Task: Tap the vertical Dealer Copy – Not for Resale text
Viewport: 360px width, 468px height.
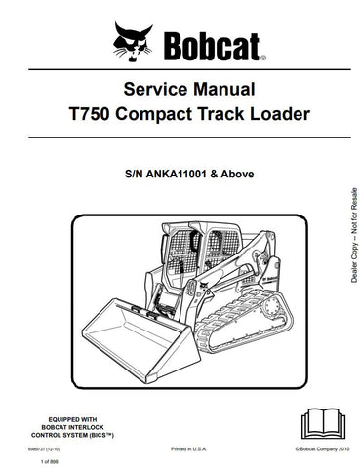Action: pyautogui.click(x=340, y=245)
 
